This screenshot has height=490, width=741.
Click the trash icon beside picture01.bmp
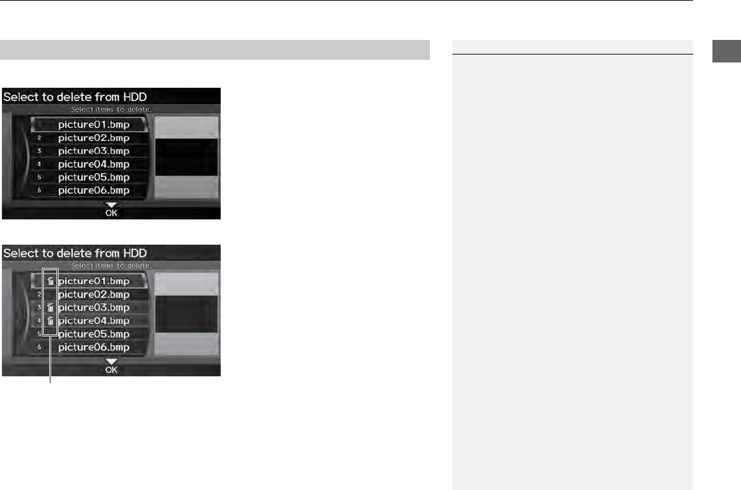coord(51,281)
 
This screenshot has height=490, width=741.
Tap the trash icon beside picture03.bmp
coord(51,307)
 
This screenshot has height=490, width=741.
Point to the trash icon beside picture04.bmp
coord(51,320)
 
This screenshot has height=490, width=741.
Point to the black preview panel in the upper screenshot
coord(186,157)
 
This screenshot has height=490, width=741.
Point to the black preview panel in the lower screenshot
coord(186,314)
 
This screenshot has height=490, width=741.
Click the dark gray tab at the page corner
coord(726,51)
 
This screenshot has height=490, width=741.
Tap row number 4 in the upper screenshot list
coord(39,164)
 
